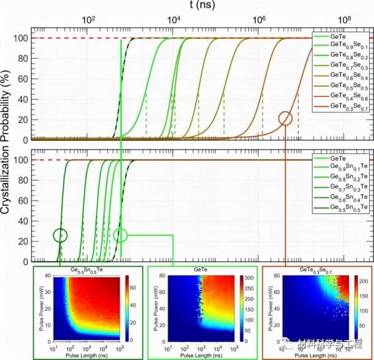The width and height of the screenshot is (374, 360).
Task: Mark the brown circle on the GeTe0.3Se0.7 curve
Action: (285, 118)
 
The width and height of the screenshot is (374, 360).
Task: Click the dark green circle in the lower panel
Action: (60, 235)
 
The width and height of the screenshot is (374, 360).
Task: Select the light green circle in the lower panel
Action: (121, 235)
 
